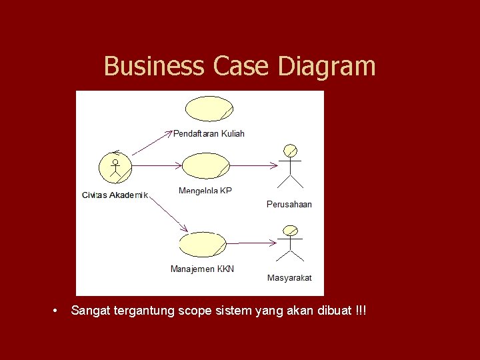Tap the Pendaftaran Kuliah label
pos(209,133)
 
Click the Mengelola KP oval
pos(205,166)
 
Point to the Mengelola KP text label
pos(205,191)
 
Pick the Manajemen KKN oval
pos(203,245)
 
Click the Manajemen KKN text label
pos(202,269)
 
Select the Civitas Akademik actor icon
pos(115,167)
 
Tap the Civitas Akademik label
pos(115,195)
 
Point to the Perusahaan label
pos(289,204)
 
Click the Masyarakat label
pos(289,277)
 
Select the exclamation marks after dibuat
pos(361,311)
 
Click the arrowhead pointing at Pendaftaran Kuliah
pos(168,133)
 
